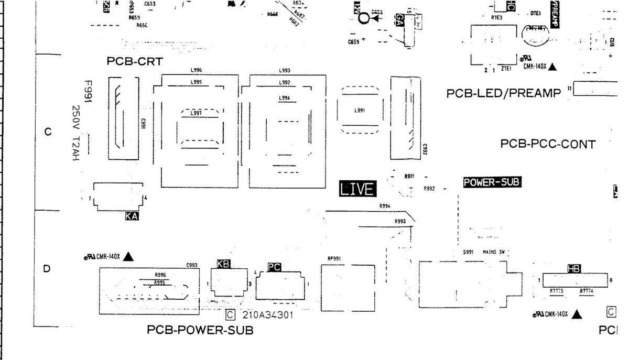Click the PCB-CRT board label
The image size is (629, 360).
135,61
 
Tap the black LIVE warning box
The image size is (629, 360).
357,189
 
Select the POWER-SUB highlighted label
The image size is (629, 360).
492,182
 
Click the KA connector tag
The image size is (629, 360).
132,215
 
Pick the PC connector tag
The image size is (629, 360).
274,267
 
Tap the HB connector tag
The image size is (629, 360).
574,268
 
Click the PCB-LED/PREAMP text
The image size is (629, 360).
504,93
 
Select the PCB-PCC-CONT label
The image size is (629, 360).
548,144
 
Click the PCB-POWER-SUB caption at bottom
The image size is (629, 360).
200,330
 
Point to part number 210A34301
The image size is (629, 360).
267,315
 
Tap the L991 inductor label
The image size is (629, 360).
359,110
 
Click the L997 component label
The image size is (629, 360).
196,114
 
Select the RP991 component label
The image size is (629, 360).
334,258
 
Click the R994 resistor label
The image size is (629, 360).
385,206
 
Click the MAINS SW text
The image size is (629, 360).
493,252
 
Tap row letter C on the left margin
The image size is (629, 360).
48,132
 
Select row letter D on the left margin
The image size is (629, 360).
47,269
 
